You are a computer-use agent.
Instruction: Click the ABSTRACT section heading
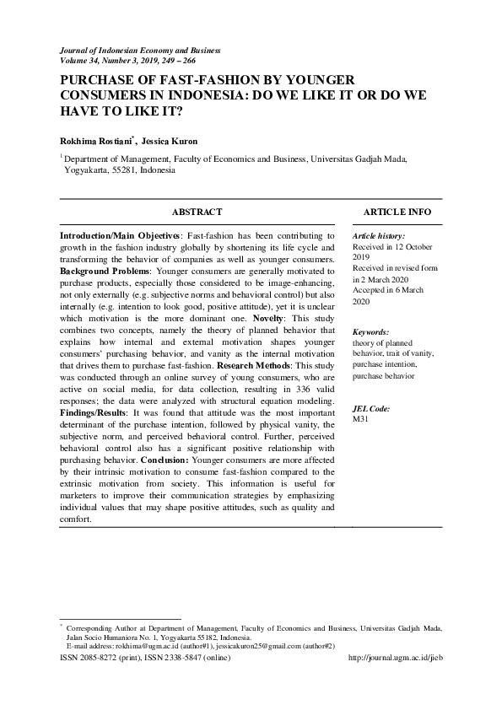tap(197, 212)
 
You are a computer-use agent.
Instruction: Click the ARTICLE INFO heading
tap(397, 212)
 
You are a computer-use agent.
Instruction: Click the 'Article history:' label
tap(379, 236)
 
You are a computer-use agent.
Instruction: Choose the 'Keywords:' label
tap(370, 333)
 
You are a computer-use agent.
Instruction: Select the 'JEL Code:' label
tap(371, 408)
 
